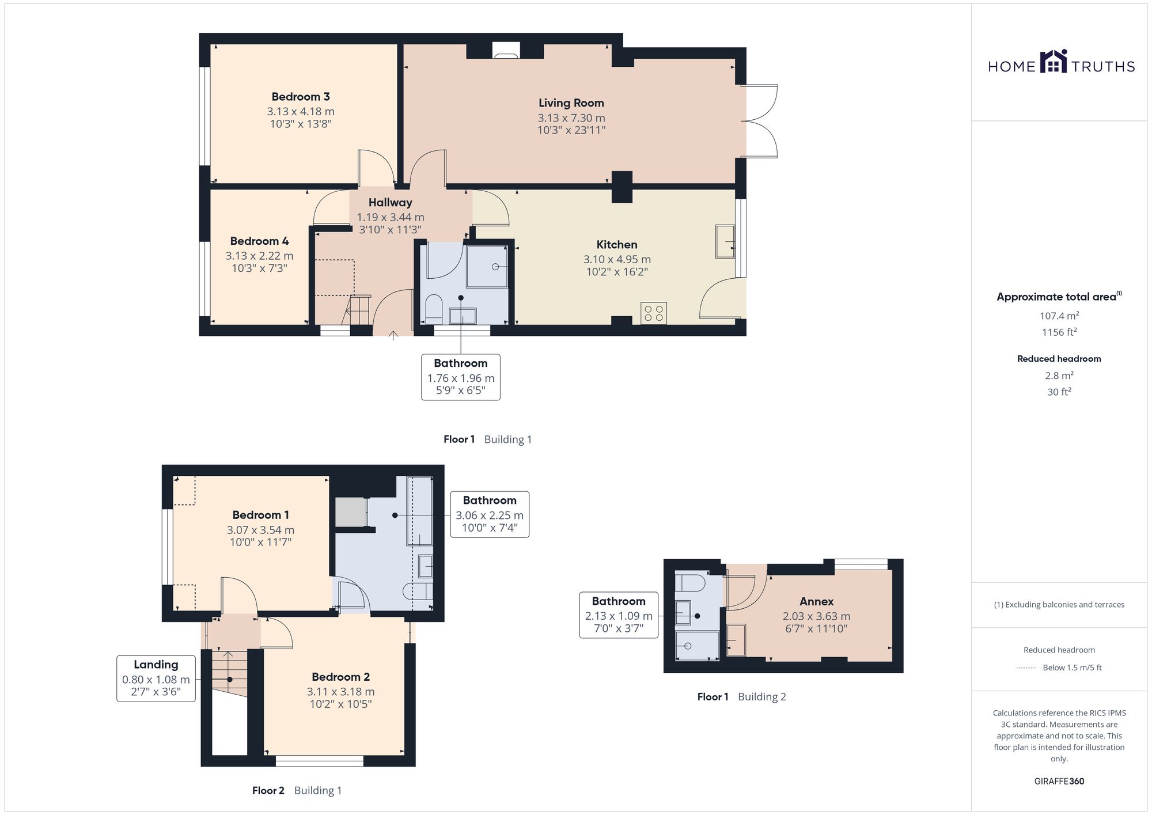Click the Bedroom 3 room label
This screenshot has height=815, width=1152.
[301, 97]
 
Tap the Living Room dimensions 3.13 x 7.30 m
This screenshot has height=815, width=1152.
[571, 118]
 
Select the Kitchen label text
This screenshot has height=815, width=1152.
[617, 245]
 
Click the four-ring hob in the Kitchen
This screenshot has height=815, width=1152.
[654, 313]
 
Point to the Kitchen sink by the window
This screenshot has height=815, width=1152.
[726, 241]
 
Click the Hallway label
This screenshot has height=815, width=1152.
[391, 203]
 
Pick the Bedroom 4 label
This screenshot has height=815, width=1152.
[259, 241]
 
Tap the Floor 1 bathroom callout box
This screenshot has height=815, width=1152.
[461, 377]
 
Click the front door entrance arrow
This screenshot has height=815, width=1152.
[394, 336]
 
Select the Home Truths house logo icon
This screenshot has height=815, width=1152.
[1054, 61]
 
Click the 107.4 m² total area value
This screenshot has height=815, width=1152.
[1059, 316]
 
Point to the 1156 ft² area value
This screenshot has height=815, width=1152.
[1059, 332]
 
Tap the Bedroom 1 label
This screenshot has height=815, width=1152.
[260, 515]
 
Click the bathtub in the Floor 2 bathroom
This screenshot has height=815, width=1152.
[420, 511]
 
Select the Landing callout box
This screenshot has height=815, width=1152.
[156, 678]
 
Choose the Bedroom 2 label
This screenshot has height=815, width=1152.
[340, 677]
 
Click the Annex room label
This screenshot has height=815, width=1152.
[817, 601]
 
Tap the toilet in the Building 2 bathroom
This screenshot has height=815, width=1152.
[689, 582]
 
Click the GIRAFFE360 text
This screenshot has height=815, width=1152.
[1059, 782]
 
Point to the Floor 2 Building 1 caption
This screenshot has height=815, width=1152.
[297, 790]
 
